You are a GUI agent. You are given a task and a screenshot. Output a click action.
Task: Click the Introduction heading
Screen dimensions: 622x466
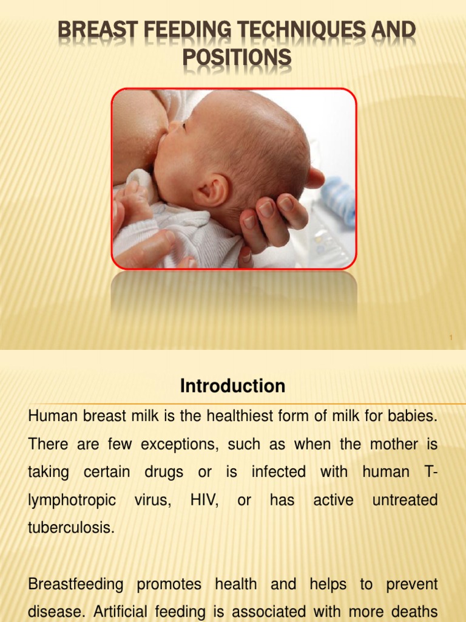[232, 386]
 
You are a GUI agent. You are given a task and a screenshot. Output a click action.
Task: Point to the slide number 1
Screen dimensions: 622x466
[451, 338]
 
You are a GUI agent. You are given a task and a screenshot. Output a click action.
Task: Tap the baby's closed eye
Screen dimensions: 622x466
[183, 126]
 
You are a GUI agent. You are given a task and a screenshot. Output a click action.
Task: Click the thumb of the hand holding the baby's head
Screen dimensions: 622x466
[314, 177]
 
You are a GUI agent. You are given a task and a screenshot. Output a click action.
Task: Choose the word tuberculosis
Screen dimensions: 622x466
[71, 527]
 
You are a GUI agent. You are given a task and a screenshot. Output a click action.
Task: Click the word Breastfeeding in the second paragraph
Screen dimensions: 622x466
[75, 584]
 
